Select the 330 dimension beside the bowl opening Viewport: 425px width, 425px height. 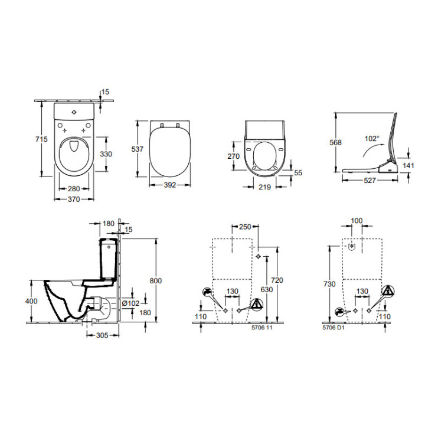coord(105,153)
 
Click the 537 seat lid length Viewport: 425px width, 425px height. coord(137,149)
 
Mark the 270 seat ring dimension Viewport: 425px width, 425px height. coord(234,156)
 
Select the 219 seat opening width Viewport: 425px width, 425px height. coord(264,188)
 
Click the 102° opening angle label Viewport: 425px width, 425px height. coord(371,139)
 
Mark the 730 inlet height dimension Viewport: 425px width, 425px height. coord(330,284)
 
